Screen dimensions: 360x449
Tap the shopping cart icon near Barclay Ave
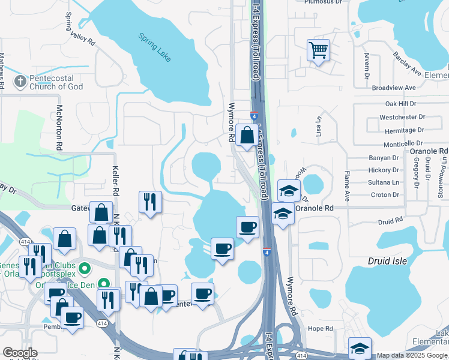[318, 50]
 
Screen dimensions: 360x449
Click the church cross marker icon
[20, 80]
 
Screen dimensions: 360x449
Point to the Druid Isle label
[387, 261]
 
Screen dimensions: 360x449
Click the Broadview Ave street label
[394, 88]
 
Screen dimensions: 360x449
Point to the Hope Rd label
[320, 329]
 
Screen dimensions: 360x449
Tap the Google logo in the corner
[20, 353]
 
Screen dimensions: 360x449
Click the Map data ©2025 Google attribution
[412, 355]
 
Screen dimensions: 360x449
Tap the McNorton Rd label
[59, 127]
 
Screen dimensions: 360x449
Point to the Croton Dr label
[385, 194]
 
